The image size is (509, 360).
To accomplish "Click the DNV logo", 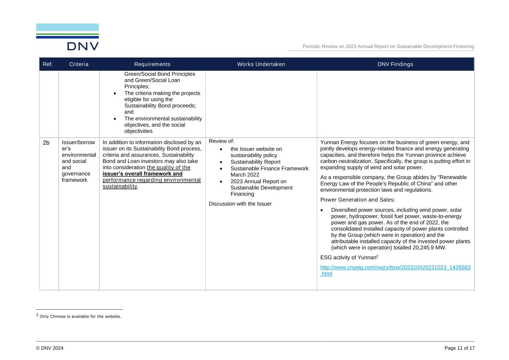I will click(x=67, y=37).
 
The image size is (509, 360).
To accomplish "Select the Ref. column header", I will click(x=48, y=64).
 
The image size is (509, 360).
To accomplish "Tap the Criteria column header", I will click(x=79, y=64).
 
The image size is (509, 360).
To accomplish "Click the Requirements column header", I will click(x=152, y=64).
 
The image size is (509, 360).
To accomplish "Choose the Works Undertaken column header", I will click(x=261, y=64).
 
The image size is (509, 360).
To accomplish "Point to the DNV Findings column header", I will click(x=395, y=64).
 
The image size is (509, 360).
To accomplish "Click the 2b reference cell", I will click(x=46, y=143).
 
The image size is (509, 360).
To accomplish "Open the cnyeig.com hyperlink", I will click(x=395, y=271).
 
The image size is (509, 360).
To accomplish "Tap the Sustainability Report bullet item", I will click(x=255, y=162).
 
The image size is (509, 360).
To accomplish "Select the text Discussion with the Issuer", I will click(x=240, y=204).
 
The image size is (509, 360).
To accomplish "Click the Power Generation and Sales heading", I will click(x=358, y=200).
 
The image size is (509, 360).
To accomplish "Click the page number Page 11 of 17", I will click(x=459, y=348).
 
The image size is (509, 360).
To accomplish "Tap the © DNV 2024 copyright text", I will click(x=50, y=348).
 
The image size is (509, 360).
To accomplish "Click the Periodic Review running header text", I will click(x=388, y=47).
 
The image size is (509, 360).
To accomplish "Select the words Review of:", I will click(x=221, y=141).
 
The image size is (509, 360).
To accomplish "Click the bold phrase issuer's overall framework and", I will click(x=142, y=174).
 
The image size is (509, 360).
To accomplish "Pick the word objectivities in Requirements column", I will click(x=138, y=131).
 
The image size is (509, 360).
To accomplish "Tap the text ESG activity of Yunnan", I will click(x=348, y=257).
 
